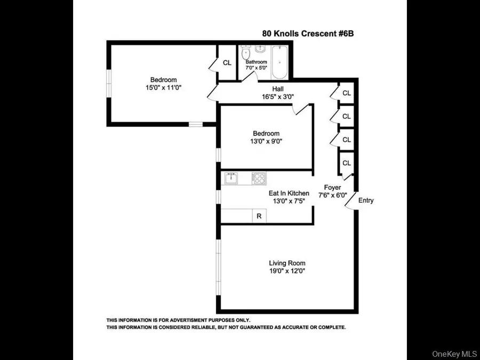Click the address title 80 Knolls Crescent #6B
click(308, 33)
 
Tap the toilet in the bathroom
click(246, 53)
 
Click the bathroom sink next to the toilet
click(261, 50)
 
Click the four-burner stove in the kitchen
click(259, 178)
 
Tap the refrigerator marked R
click(259, 216)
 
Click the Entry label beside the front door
click(366, 201)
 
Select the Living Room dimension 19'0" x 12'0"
click(287, 271)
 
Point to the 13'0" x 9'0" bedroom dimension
click(266, 141)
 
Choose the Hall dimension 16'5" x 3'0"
click(278, 97)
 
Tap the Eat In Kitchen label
click(289, 193)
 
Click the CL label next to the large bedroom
click(227, 62)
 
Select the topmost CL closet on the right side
click(347, 93)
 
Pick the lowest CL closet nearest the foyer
click(347, 163)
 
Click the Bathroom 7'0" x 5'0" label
click(256, 65)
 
